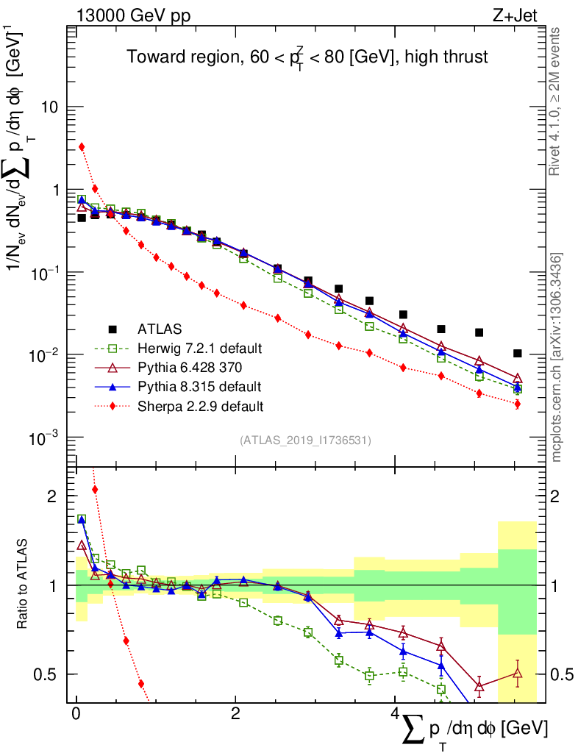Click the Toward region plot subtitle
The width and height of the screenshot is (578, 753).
coord(307,57)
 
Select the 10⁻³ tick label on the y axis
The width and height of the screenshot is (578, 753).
coord(46,438)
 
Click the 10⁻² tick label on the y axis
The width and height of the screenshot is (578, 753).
coord(46,356)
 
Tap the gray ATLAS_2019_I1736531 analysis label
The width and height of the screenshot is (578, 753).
coord(305,440)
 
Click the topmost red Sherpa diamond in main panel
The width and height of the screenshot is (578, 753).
coord(82,147)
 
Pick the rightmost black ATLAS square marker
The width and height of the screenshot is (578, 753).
coord(518,354)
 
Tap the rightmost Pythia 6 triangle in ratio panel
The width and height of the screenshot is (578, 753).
coord(518,672)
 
